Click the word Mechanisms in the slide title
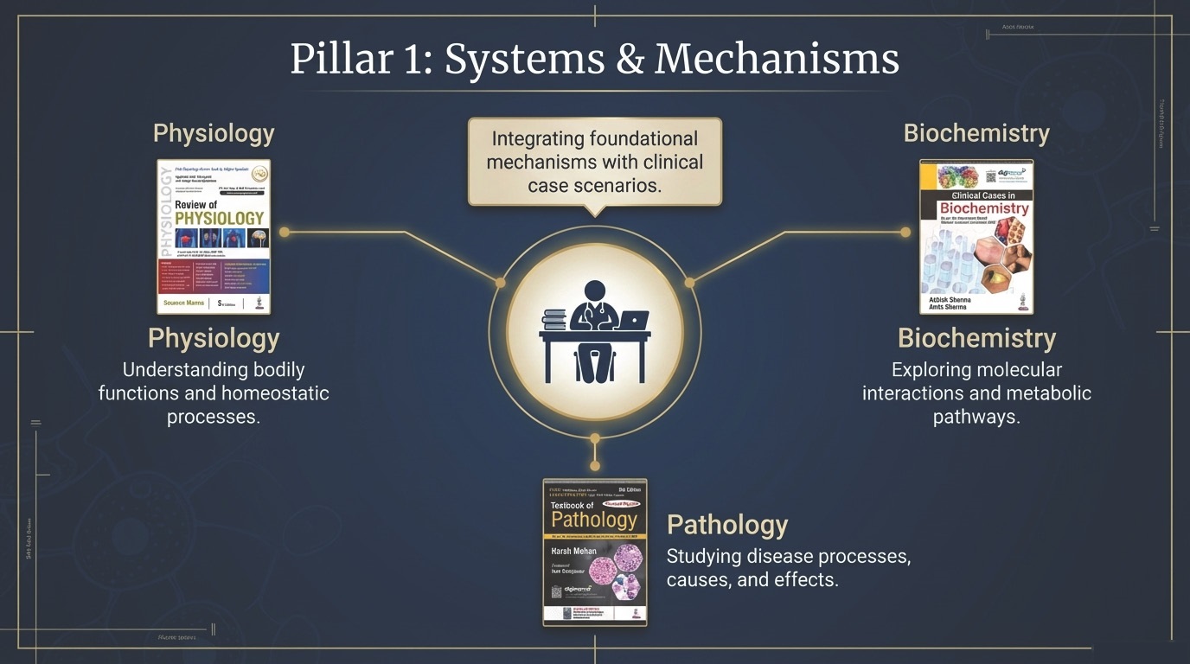[x=777, y=59]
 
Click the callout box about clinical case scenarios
[x=595, y=162]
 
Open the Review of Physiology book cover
[x=214, y=236]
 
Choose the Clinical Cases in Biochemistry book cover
[x=976, y=236]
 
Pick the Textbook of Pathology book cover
[x=595, y=552]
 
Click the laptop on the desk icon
[x=633, y=320]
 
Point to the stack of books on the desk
[x=554, y=320]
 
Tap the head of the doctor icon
[x=595, y=291]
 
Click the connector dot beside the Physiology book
[x=285, y=232]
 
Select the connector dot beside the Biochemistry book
[x=905, y=232]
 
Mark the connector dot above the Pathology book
[x=595, y=466]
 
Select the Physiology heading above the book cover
[x=214, y=133]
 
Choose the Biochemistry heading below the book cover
[x=976, y=338]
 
